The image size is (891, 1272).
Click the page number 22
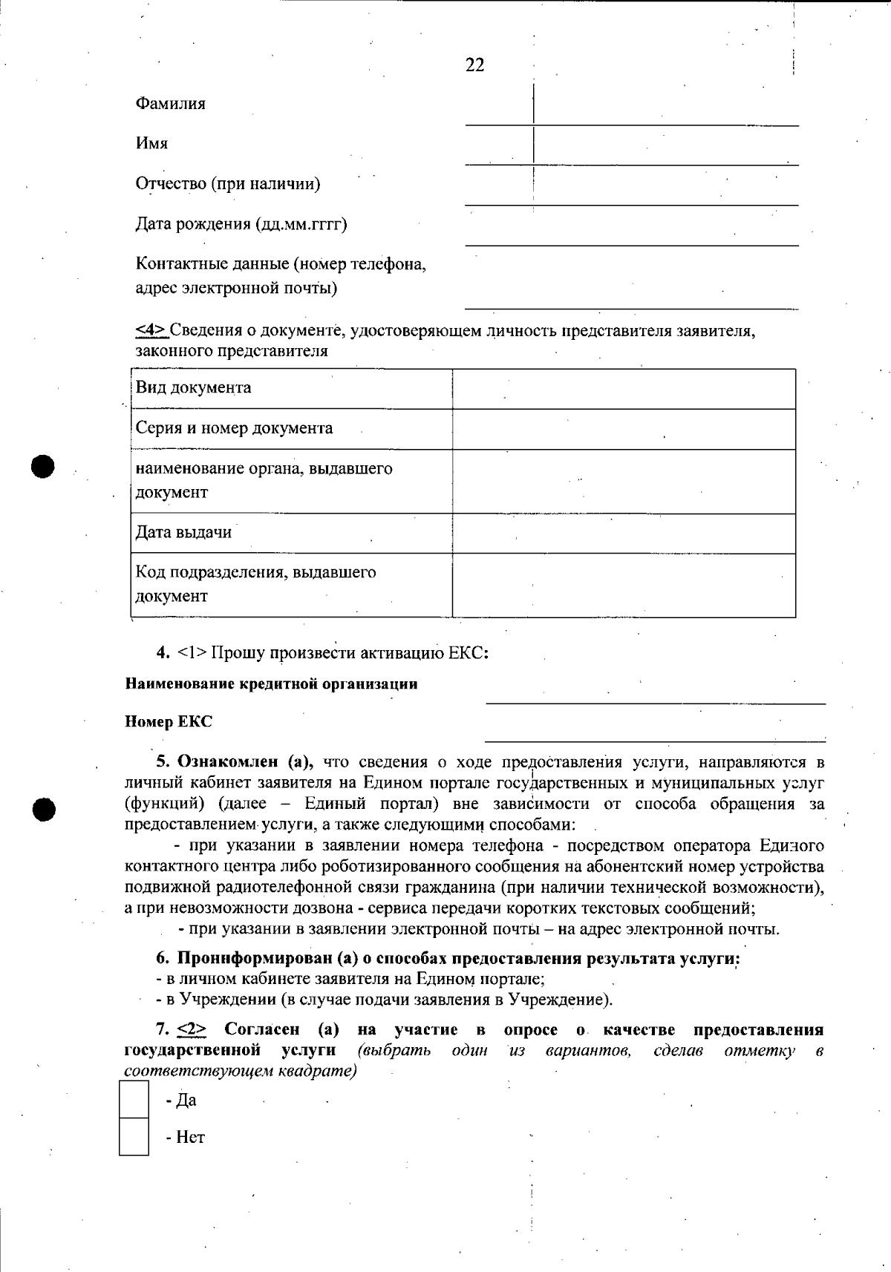(x=475, y=65)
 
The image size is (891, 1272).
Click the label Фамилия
(x=171, y=103)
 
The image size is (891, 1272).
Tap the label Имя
(x=151, y=143)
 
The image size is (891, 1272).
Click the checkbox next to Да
(x=134, y=1100)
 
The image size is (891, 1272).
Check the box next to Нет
(x=134, y=1137)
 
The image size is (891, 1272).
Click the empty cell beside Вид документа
(x=624, y=388)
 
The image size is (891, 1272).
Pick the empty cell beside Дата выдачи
(x=624, y=533)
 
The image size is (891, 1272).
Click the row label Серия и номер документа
(x=234, y=428)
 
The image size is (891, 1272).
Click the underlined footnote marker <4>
(x=151, y=330)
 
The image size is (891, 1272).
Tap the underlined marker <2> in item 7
(x=192, y=1030)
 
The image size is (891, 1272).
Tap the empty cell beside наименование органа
(x=624, y=481)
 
